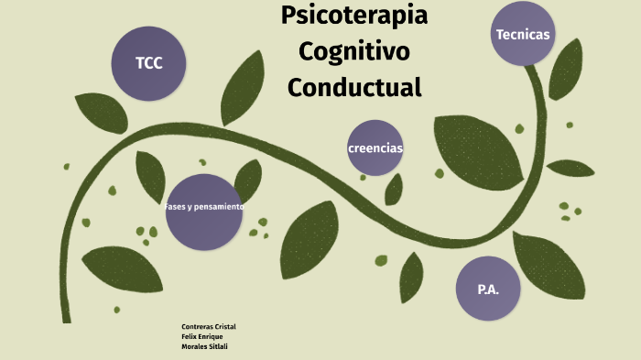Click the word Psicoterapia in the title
[x=354, y=16]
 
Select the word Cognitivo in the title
[x=354, y=50]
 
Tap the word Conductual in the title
[x=354, y=87]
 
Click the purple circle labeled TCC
[x=149, y=63]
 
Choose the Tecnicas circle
[x=523, y=34]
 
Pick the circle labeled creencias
[x=375, y=147]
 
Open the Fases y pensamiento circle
[x=204, y=211]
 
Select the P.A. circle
[x=488, y=289]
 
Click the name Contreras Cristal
[x=209, y=327]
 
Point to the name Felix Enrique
[x=202, y=336]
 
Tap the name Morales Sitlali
[x=205, y=345]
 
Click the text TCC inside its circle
[x=148, y=63]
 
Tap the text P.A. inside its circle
[x=488, y=289]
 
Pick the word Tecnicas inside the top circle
[x=523, y=35]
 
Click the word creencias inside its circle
[x=375, y=148]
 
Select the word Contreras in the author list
[x=196, y=327]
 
